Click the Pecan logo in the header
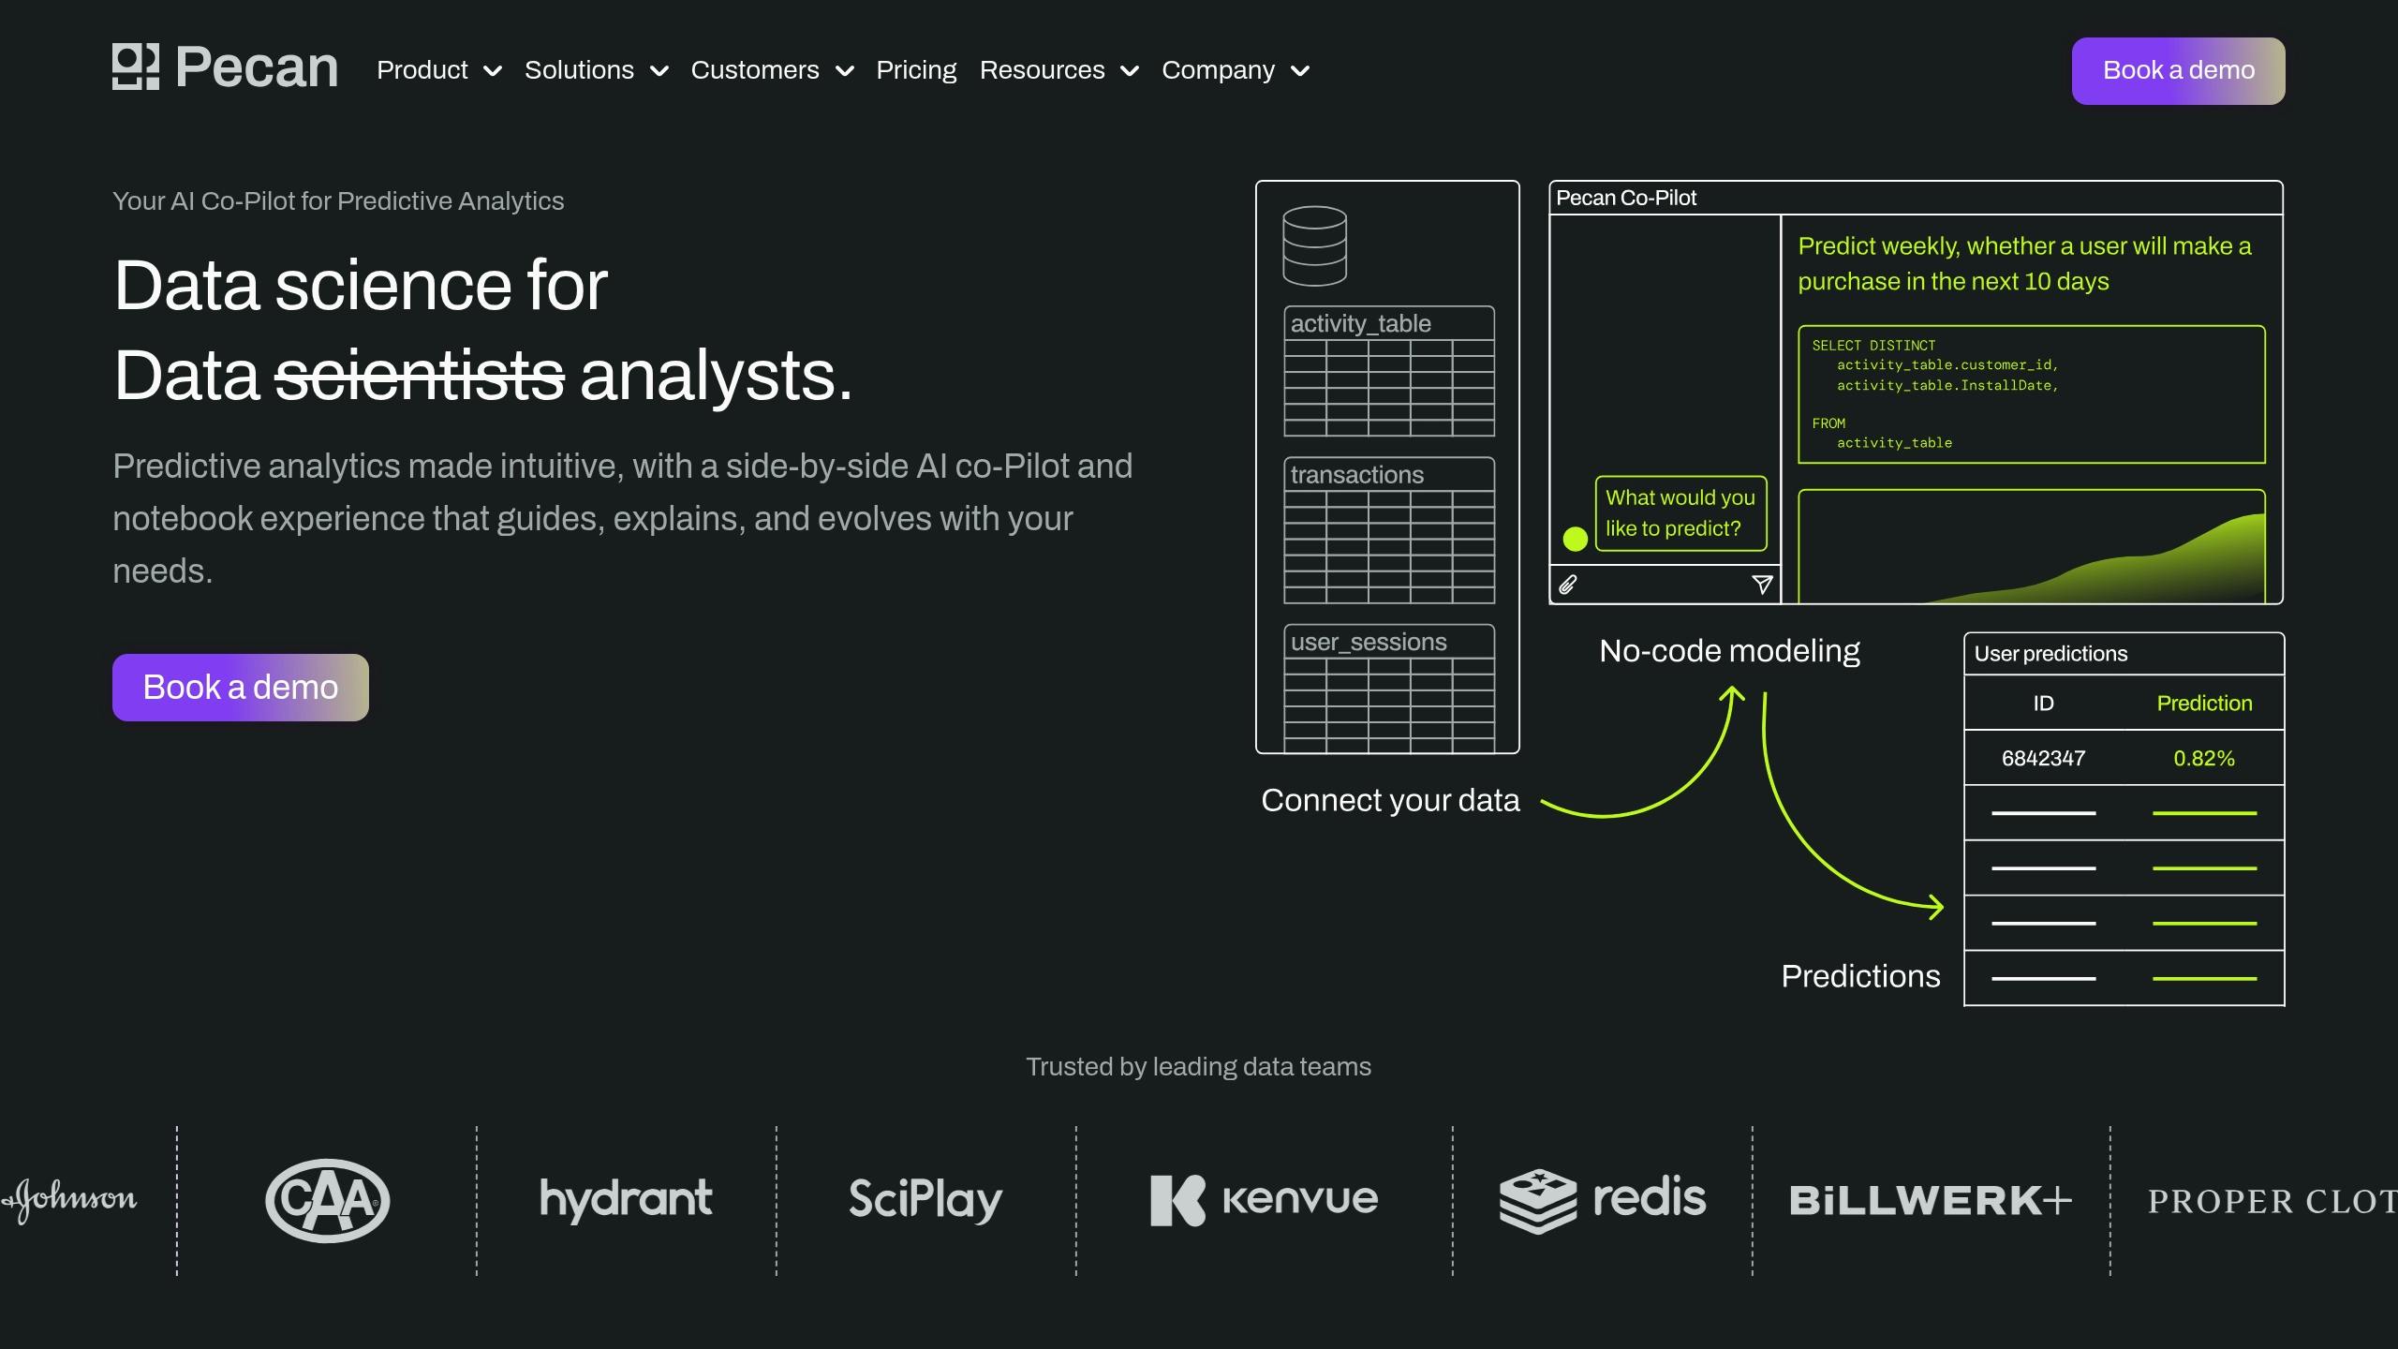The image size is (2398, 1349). coord(225,67)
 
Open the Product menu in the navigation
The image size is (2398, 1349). coord(438,70)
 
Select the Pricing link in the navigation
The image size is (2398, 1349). coord(916,70)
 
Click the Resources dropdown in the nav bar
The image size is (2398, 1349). coord(1058,70)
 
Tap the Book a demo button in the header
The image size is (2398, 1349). coord(2178,71)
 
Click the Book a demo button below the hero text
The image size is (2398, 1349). coord(241,688)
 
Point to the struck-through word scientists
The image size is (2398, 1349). coord(420,376)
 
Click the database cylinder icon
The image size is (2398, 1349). coord(1314,245)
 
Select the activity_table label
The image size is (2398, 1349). coord(1361,323)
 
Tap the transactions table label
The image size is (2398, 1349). coord(1357,475)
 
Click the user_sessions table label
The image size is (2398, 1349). coord(1369,642)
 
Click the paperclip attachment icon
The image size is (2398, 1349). coord(1568,585)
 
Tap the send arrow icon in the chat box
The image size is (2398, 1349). coord(1762,585)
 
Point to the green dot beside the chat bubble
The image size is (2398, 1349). coord(1576,539)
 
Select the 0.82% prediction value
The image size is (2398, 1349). coord(2204,758)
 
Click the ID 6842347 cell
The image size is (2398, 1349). coord(2044,758)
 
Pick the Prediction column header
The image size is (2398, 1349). coord(2204,704)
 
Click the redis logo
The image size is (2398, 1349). coord(1603,1200)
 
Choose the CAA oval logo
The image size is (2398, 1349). coord(328,1201)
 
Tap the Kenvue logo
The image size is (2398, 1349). coord(1265,1200)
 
